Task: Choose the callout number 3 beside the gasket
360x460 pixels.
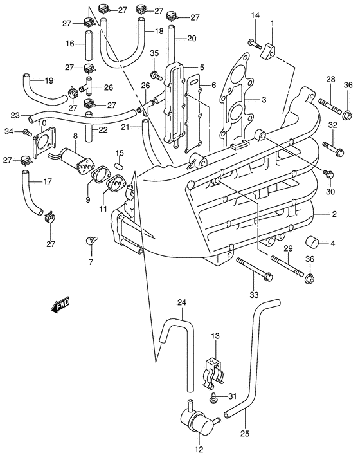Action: click(264, 100)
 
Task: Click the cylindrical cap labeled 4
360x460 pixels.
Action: click(312, 243)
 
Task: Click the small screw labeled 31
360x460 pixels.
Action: click(214, 398)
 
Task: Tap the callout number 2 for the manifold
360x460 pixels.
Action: click(334, 214)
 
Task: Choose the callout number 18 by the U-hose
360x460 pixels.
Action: click(159, 30)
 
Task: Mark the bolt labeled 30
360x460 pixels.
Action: click(329, 174)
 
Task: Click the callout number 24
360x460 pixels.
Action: click(181, 302)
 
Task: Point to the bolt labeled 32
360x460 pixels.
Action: click(333, 149)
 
